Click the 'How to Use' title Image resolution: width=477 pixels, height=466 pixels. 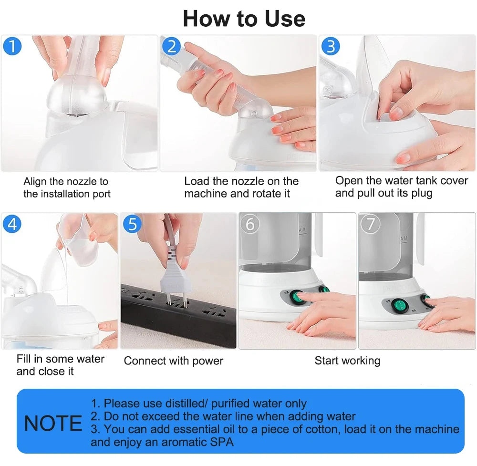coord(244,19)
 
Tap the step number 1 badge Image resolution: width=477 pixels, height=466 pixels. coord(12,46)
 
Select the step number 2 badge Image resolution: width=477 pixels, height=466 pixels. coord(172,46)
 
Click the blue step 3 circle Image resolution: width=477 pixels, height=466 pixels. coord(331,46)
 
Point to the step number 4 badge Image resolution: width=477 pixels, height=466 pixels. coord(12,224)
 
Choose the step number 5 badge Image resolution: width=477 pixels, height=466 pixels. coord(132,224)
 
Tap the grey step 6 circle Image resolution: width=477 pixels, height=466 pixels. coord(250,224)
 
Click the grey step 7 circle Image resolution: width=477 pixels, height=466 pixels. coord(370,224)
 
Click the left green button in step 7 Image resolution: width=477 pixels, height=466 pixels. coord(398,305)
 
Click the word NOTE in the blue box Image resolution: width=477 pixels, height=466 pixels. coord(53,424)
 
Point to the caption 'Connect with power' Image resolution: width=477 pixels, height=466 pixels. coord(173,361)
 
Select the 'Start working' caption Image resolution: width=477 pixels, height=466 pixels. coord(347,361)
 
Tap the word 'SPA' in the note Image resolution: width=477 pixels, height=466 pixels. coord(221,442)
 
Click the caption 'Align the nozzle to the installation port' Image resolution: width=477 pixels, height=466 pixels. coord(67,187)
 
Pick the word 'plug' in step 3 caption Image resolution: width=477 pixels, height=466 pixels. coord(421,193)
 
